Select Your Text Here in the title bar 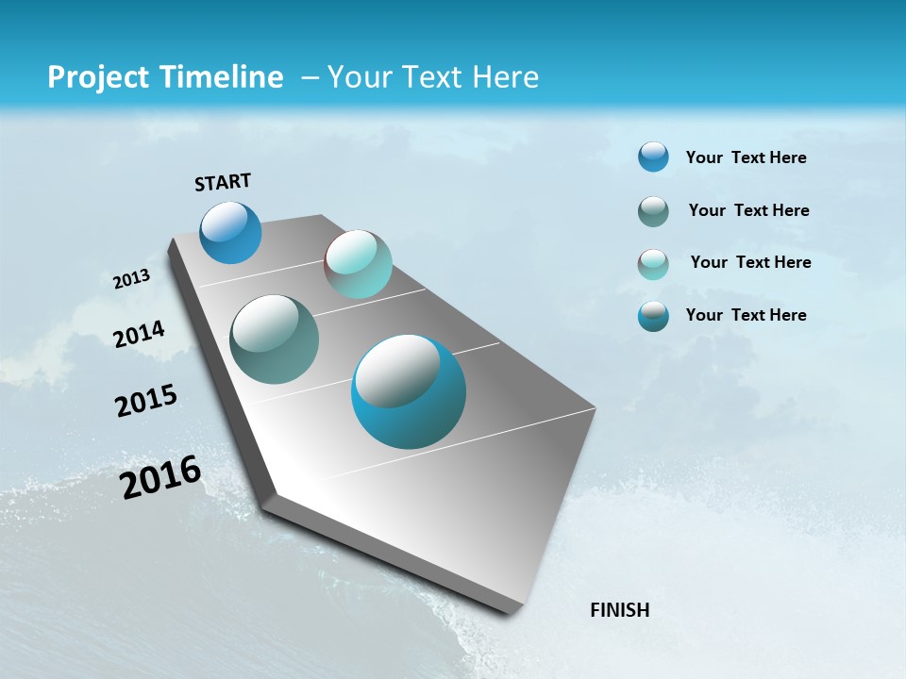point(433,77)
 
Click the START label point(223,182)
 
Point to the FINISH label point(620,610)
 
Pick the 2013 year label point(132,279)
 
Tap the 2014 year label point(140,334)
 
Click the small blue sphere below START point(230,232)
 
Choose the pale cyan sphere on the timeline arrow point(358,264)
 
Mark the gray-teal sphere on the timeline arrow point(274,339)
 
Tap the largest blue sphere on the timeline point(409,391)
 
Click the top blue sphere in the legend point(653,157)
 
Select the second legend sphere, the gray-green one point(653,211)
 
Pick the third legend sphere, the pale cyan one point(653,263)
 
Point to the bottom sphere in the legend point(653,316)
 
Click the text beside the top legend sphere point(746,157)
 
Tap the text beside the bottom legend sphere point(746,315)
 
